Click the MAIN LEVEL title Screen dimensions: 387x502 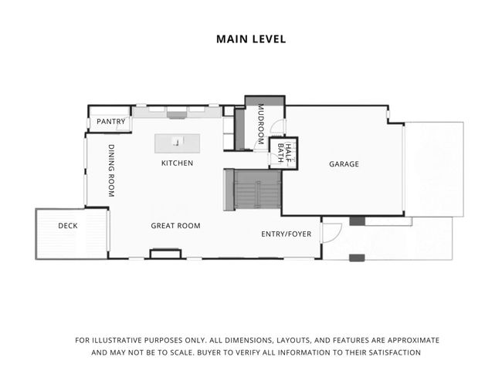click(251, 39)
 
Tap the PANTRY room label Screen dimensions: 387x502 click(110, 122)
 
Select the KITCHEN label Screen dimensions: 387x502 click(177, 163)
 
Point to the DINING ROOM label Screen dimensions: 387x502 click(111, 170)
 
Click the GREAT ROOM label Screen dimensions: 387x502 click(175, 226)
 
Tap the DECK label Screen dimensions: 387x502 click(68, 226)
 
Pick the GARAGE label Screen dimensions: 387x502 click(344, 164)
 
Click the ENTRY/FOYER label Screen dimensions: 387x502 click(286, 232)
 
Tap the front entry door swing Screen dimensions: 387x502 click(332, 232)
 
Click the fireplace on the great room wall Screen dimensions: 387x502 click(165, 254)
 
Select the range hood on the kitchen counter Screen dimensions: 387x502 click(177, 115)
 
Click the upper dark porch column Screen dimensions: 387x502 click(356, 221)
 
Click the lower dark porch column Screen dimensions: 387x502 click(356, 257)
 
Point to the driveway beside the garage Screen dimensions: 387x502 click(433, 169)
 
